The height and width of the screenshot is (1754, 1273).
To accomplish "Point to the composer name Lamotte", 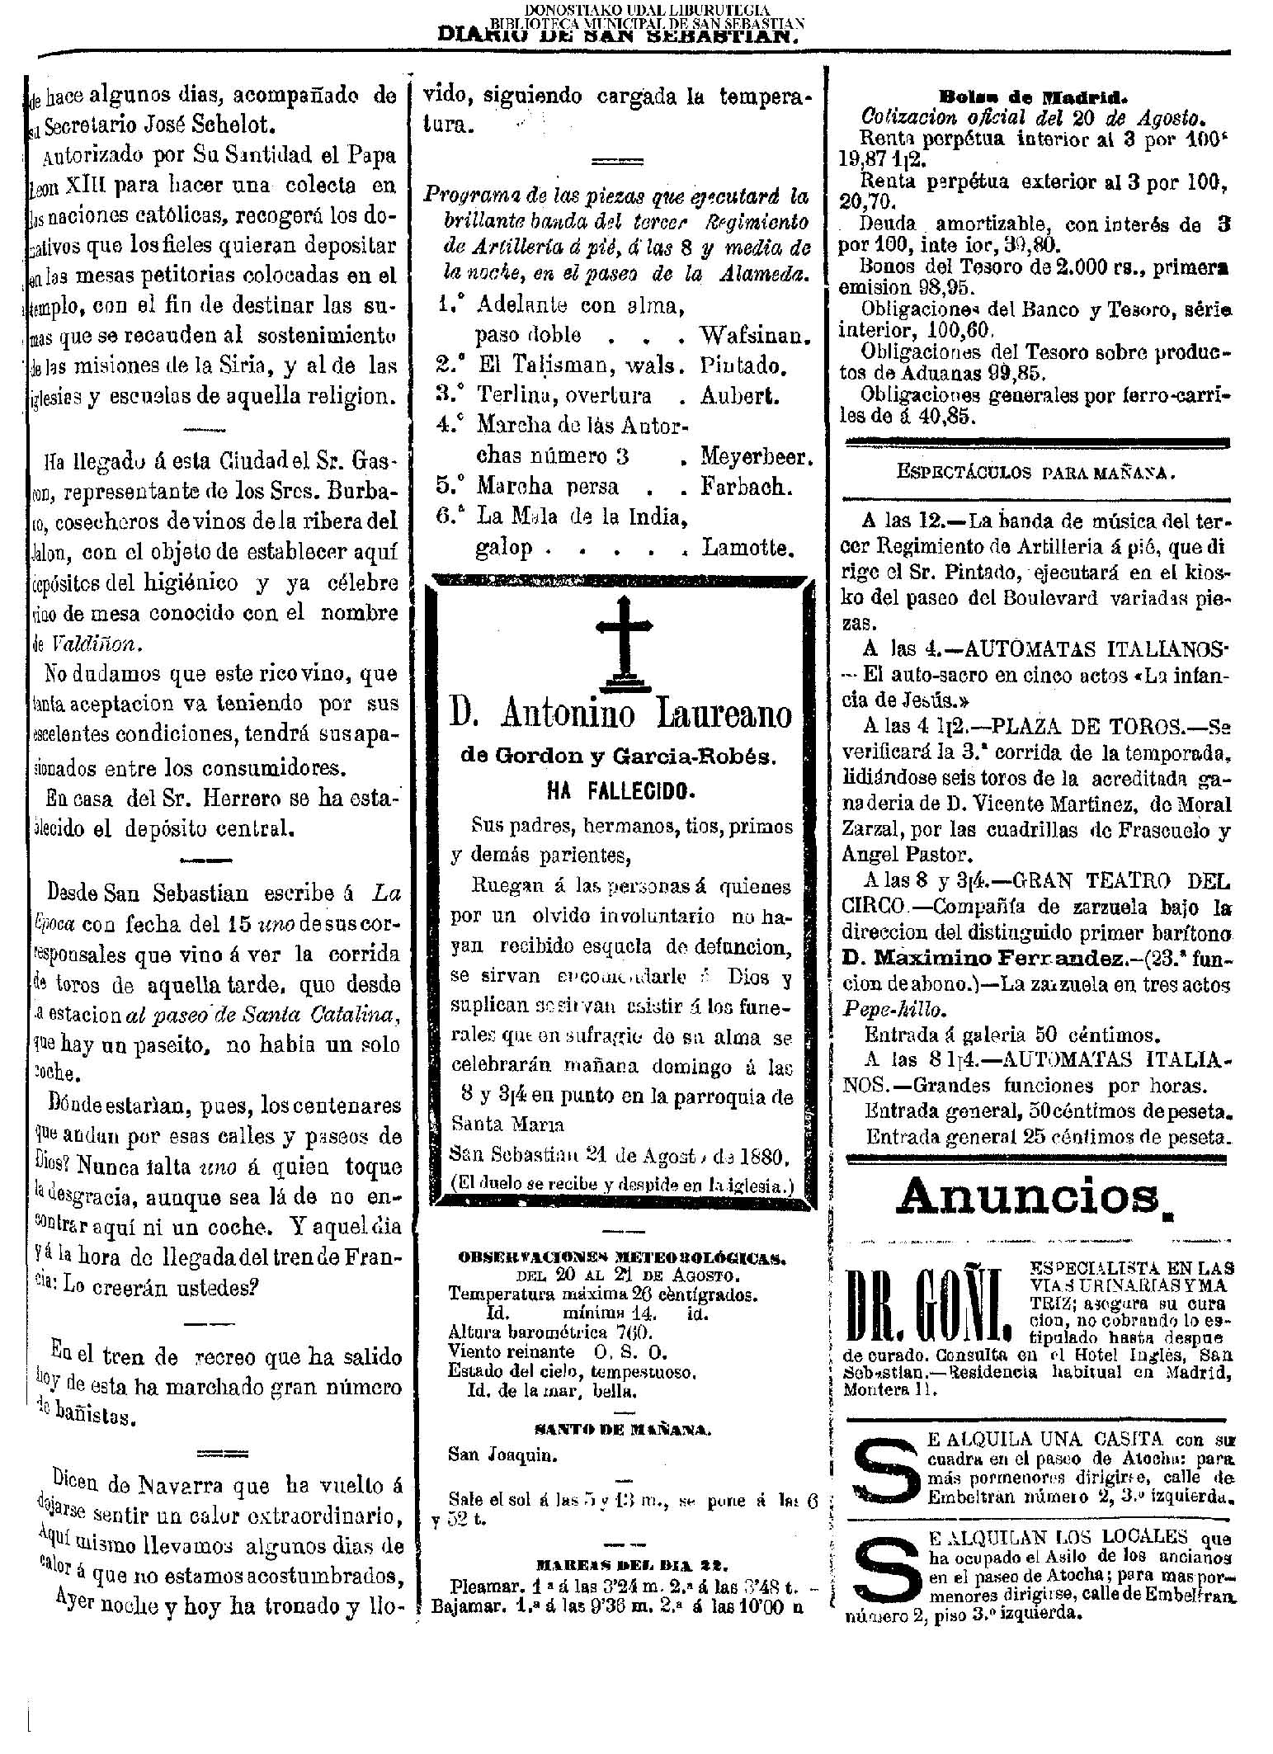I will coord(748,547).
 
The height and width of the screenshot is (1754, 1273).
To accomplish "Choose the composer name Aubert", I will coord(739,396).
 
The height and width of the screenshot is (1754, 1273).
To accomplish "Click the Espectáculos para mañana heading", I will coord(1035,474).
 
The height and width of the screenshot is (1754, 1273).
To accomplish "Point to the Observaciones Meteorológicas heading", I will coord(622,1258).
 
